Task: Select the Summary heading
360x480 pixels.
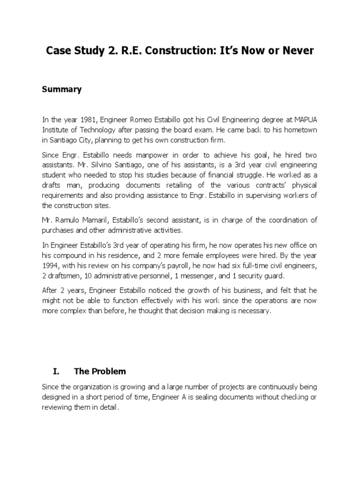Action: (62, 90)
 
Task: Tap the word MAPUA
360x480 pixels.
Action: (306, 120)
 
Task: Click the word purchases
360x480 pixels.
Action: (58, 230)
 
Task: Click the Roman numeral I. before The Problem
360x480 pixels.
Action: (55, 371)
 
